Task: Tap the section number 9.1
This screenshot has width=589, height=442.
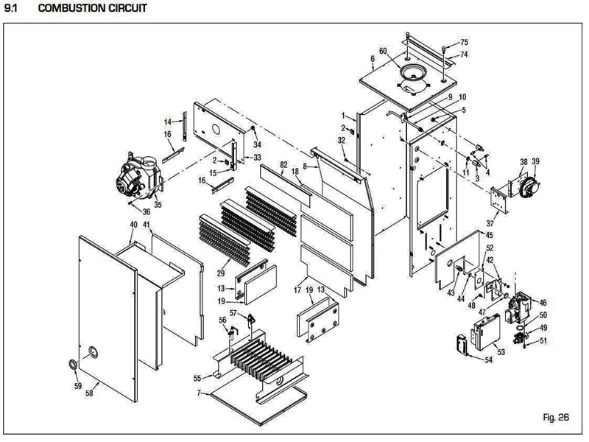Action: (x=12, y=9)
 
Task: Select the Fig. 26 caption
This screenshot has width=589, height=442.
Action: (x=556, y=418)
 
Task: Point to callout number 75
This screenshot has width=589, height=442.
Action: (x=465, y=43)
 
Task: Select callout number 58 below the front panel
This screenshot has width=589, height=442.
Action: (x=89, y=395)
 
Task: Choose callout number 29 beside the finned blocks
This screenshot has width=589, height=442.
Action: (x=221, y=273)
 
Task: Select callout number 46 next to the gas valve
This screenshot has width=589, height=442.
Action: (x=543, y=302)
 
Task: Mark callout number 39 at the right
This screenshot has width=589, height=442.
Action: (x=535, y=161)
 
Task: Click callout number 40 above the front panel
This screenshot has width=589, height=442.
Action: (x=133, y=224)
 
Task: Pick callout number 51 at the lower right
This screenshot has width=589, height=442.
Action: (x=543, y=340)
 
